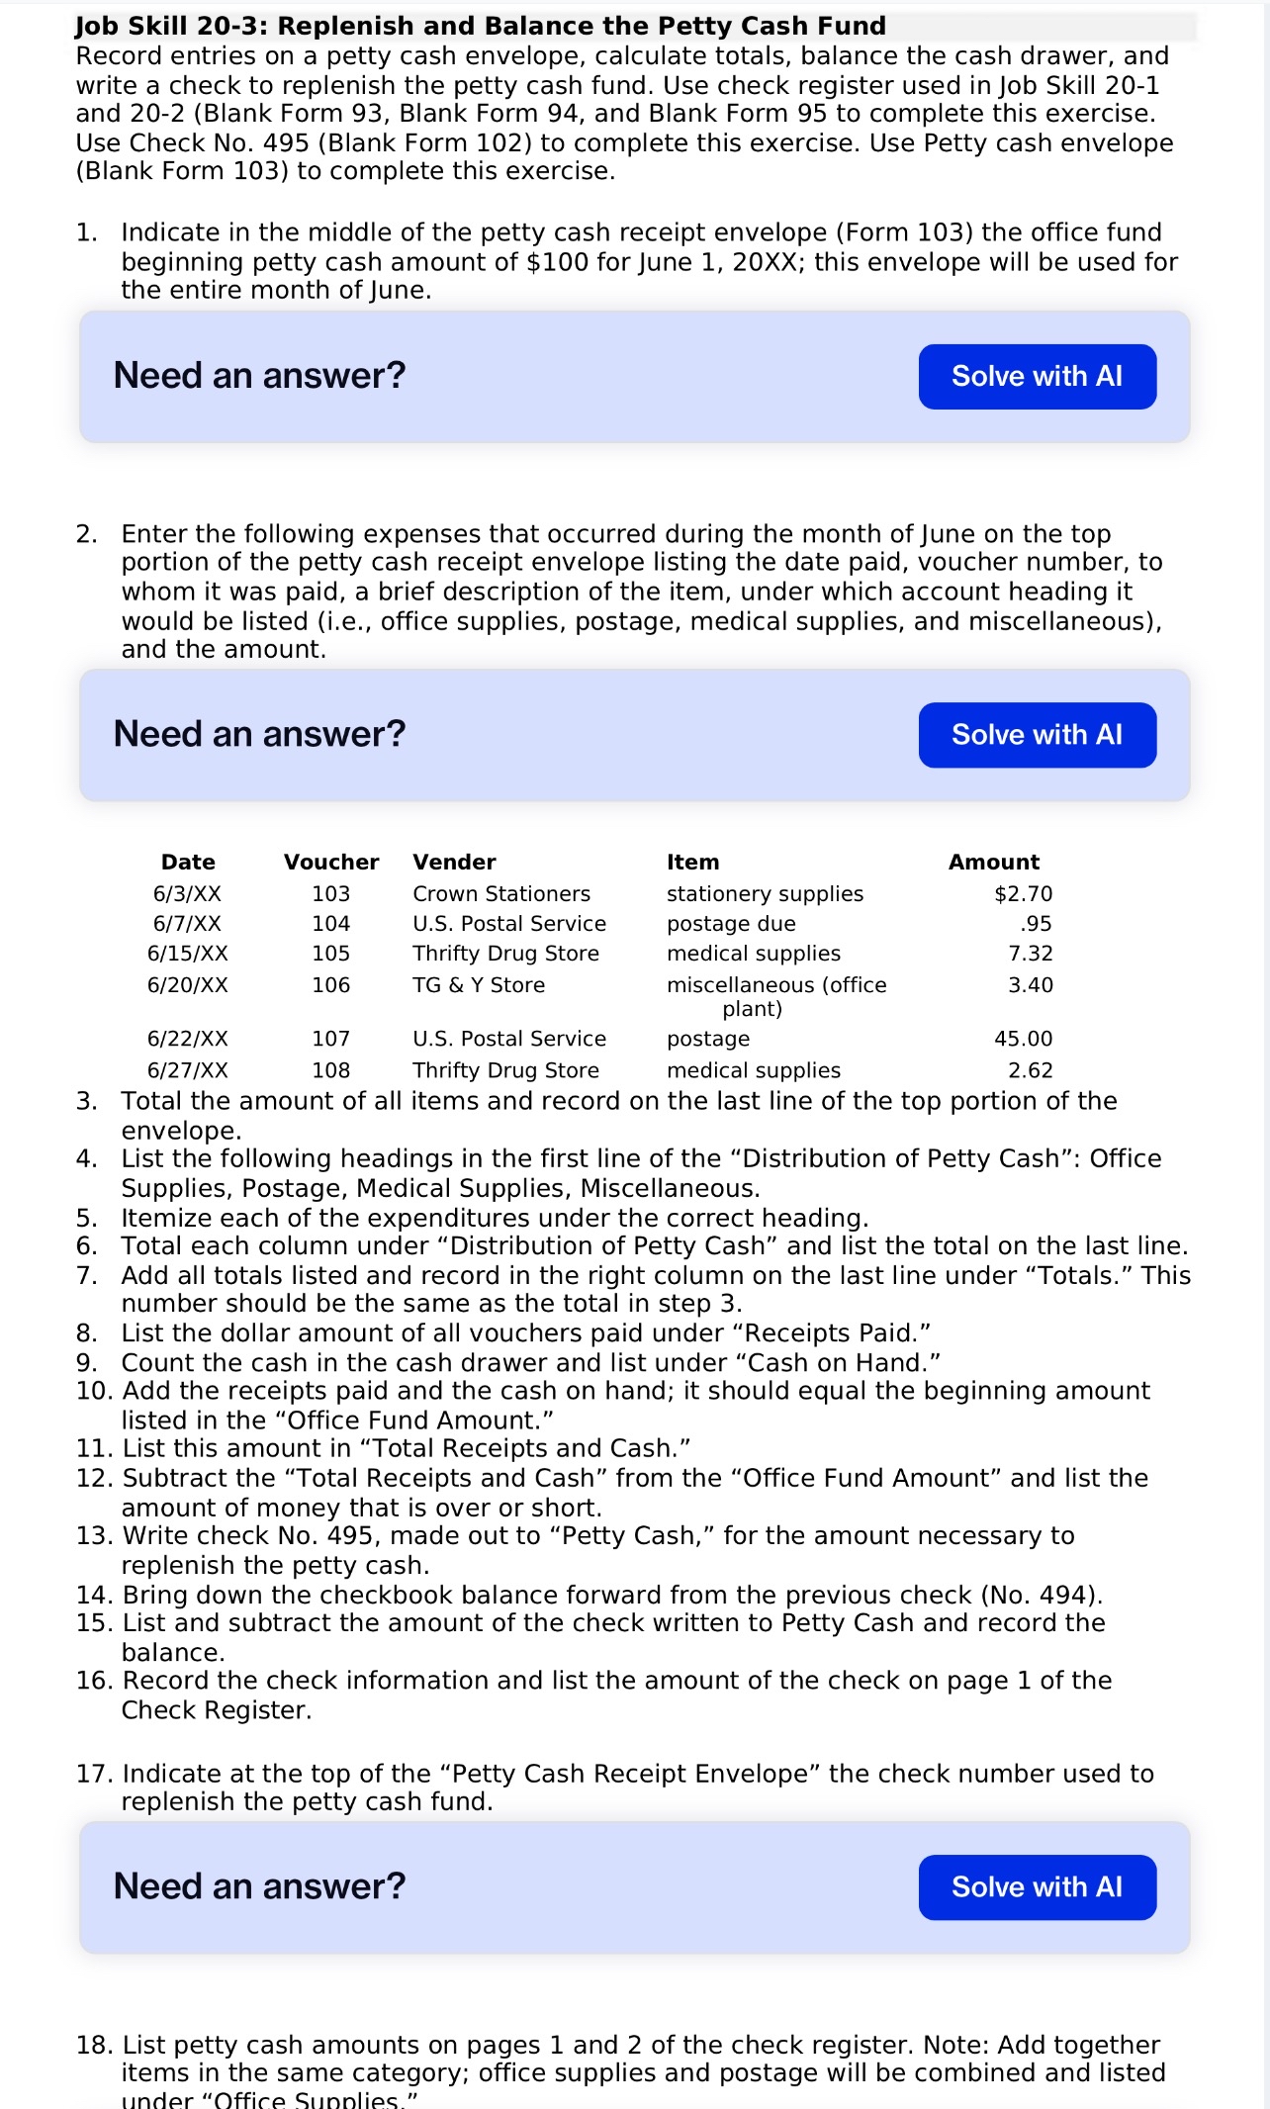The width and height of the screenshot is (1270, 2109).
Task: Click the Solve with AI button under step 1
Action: coord(1037,376)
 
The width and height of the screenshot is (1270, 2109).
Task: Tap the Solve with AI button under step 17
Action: coord(1037,1886)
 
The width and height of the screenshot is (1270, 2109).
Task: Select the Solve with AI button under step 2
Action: coord(1037,734)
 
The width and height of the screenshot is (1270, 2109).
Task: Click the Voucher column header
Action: coord(330,862)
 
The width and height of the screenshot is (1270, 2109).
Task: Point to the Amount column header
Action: coord(993,862)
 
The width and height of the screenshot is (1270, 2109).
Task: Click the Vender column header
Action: coord(454,862)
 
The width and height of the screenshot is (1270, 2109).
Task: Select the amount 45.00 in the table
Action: coord(1023,1039)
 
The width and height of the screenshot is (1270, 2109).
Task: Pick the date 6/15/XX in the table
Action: coord(187,954)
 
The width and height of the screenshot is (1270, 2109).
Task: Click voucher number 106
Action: coord(330,985)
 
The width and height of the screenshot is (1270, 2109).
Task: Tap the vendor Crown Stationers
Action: coord(500,893)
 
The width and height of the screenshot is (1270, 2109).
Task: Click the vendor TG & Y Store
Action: coord(479,985)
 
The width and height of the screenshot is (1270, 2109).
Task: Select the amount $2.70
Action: coord(1023,893)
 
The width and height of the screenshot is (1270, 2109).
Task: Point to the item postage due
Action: coord(730,923)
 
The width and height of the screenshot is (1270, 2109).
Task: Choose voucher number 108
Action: coord(330,1070)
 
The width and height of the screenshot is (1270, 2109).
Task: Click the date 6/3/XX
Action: coord(187,893)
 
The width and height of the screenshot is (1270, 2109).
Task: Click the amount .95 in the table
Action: coord(1036,923)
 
